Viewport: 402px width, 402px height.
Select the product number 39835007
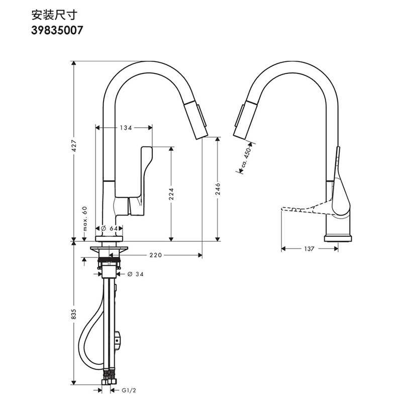[57, 30]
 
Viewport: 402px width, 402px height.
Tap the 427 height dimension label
[74, 145]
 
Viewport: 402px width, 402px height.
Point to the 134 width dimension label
[126, 128]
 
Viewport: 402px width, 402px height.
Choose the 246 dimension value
[218, 188]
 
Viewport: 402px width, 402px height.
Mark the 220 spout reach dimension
[155, 255]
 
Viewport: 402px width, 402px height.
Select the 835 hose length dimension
[74, 314]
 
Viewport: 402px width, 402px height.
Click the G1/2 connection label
[128, 389]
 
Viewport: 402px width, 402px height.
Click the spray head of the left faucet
[197, 119]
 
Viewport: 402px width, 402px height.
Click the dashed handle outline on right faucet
[301, 208]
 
